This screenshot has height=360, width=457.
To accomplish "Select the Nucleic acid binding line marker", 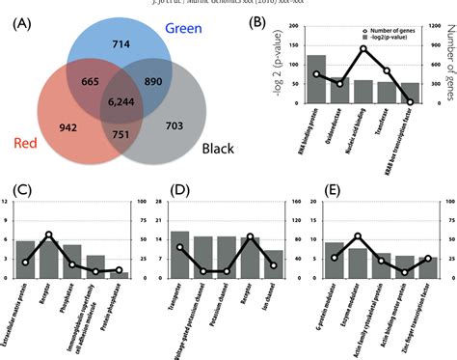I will [363, 48].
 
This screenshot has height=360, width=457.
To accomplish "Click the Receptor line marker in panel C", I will [49, 235].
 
